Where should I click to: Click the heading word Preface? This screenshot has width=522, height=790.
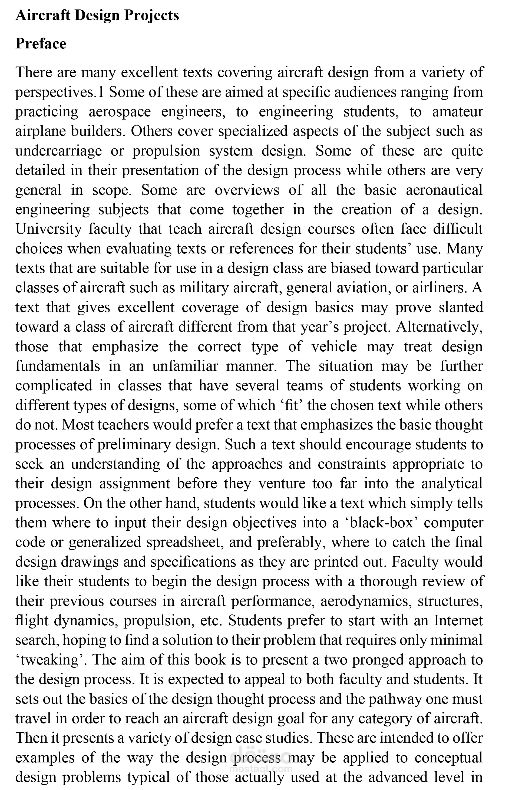41,44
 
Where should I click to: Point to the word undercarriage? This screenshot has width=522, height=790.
59,151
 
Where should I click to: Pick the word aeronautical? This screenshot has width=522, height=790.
444,190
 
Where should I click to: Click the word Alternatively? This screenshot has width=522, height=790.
440,327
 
